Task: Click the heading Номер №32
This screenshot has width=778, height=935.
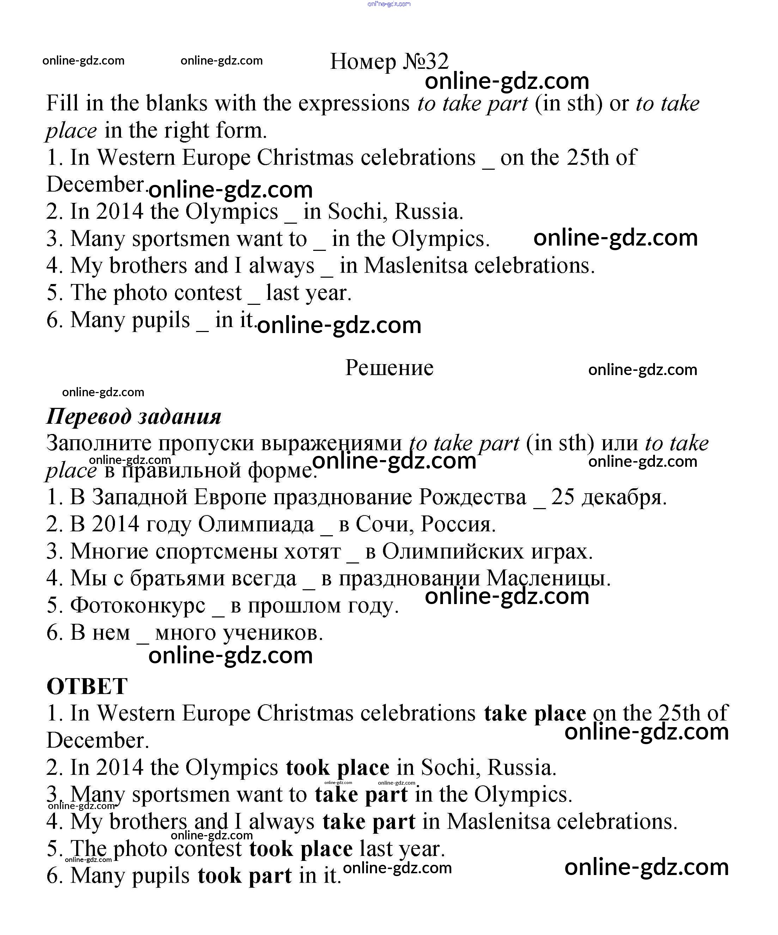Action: [x=389, y=61]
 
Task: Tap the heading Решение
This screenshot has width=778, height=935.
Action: [x=389, y=368]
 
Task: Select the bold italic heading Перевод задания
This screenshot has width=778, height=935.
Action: [x=134, y=417]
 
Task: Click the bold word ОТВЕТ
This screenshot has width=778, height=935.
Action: [x=87, y=686]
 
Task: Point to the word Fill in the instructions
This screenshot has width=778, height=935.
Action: [x=62, y=103]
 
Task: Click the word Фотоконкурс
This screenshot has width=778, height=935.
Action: [x=138, y=605]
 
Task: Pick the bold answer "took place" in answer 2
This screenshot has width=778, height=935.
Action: [x=338, y=767]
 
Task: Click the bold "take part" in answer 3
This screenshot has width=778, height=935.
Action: [x=361, y=794]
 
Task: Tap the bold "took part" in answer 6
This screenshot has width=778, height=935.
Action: [x=244, y=876]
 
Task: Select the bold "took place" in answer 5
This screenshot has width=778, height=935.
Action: [x=300, y=849]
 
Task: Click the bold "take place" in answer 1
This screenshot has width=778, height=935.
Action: [x=535, y=713]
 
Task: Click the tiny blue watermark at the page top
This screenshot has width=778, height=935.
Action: [x=389, y=4]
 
